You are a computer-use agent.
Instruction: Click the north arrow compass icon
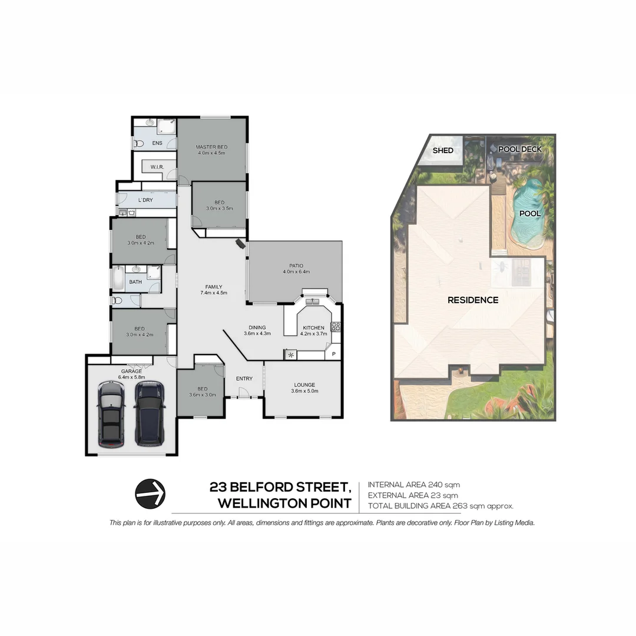click(150, 493)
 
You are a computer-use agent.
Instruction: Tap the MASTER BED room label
click(211, 147)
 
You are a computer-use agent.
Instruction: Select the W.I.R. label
click(157, 167)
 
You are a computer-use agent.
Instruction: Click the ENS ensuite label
click(157, 143)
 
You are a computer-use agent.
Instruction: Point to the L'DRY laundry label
click(145, 200)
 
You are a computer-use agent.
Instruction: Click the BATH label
click(135, 282)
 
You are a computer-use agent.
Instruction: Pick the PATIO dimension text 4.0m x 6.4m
click(296, 272)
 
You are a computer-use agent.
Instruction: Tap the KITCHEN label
click(313, 327)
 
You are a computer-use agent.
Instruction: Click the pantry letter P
click(334, 354)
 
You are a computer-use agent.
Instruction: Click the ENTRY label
click(244, 378)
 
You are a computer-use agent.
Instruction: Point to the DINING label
click(257, 327)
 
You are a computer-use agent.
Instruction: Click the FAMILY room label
click(213, 287)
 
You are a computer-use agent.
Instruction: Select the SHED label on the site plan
click(443, 150)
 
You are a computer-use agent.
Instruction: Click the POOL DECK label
click(519, 149)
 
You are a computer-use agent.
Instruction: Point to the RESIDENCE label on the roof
click(473, 300)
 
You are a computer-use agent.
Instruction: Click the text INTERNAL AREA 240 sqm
click(413, 485)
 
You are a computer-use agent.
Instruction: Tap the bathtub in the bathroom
click(118, 279)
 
